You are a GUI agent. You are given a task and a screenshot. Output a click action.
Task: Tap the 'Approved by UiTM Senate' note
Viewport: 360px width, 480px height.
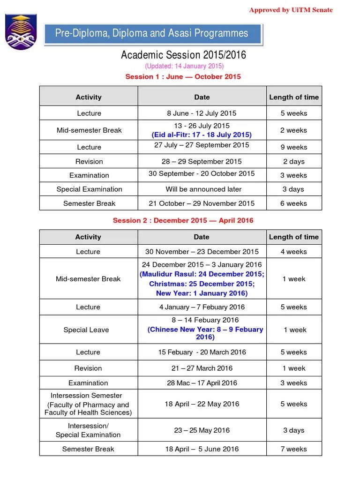(291, 10)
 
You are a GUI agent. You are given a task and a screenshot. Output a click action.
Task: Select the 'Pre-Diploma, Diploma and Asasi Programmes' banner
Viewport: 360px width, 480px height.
(152, 33)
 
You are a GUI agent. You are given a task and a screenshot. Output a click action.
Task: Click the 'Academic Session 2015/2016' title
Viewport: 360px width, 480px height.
(183, 55)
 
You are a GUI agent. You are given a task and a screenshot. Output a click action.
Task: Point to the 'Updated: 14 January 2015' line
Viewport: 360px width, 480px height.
(184, 66)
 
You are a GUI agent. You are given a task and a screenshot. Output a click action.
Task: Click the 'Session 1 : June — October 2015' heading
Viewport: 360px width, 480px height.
(183, 76)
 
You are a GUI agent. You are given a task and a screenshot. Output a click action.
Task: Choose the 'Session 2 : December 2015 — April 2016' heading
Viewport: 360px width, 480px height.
(183, 220)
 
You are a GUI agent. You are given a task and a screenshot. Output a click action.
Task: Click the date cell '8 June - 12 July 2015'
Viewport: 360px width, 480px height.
(202, 113)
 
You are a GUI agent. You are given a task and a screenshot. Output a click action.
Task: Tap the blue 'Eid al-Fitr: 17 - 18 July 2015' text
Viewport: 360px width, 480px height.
(202, 135)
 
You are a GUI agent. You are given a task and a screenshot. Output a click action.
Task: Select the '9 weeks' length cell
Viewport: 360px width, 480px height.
(294, 147)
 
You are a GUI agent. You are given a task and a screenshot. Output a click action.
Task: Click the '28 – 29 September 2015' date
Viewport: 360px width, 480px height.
(202, 161)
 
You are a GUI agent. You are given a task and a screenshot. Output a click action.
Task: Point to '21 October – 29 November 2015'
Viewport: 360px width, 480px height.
(202, 203)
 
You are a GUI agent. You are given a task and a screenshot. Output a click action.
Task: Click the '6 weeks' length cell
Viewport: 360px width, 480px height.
(294, 203)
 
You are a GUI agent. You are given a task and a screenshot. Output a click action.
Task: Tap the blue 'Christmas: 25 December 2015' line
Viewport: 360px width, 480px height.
(202, 284)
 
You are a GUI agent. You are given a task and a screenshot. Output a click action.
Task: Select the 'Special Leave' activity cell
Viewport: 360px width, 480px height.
(86, 330)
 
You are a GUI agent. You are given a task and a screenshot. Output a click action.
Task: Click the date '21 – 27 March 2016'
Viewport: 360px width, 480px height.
(202, 368)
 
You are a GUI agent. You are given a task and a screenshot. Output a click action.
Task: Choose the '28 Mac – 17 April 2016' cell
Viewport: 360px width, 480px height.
(202, 383)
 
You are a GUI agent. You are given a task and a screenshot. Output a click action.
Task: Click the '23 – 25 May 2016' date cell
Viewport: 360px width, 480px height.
(202, 430)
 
